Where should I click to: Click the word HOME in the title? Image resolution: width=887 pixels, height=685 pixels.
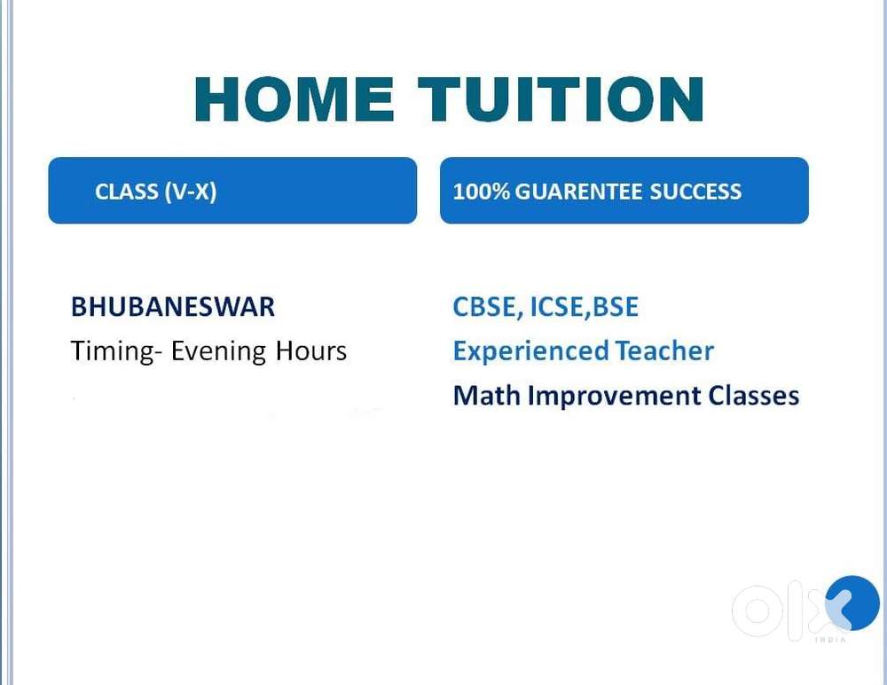click(294, 99)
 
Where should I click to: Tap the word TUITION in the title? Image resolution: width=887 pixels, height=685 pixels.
click(561, 99)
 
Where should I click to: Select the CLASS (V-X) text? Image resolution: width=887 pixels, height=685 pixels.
click(155, 192)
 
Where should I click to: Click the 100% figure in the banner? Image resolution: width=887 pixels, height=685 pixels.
click(482, 192)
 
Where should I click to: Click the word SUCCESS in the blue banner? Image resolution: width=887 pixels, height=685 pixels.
click(695, 192)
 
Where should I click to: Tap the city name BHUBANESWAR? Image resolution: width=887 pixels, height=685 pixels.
click(173, 307)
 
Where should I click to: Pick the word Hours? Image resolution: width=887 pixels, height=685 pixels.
click(311, 351)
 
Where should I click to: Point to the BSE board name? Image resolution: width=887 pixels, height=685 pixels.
click(616, 307)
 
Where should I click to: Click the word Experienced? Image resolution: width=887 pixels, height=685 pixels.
click(530, 351)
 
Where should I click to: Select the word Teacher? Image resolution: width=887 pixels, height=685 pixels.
click(664, 351)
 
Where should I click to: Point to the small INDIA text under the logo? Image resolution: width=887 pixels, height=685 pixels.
click(830, 640)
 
